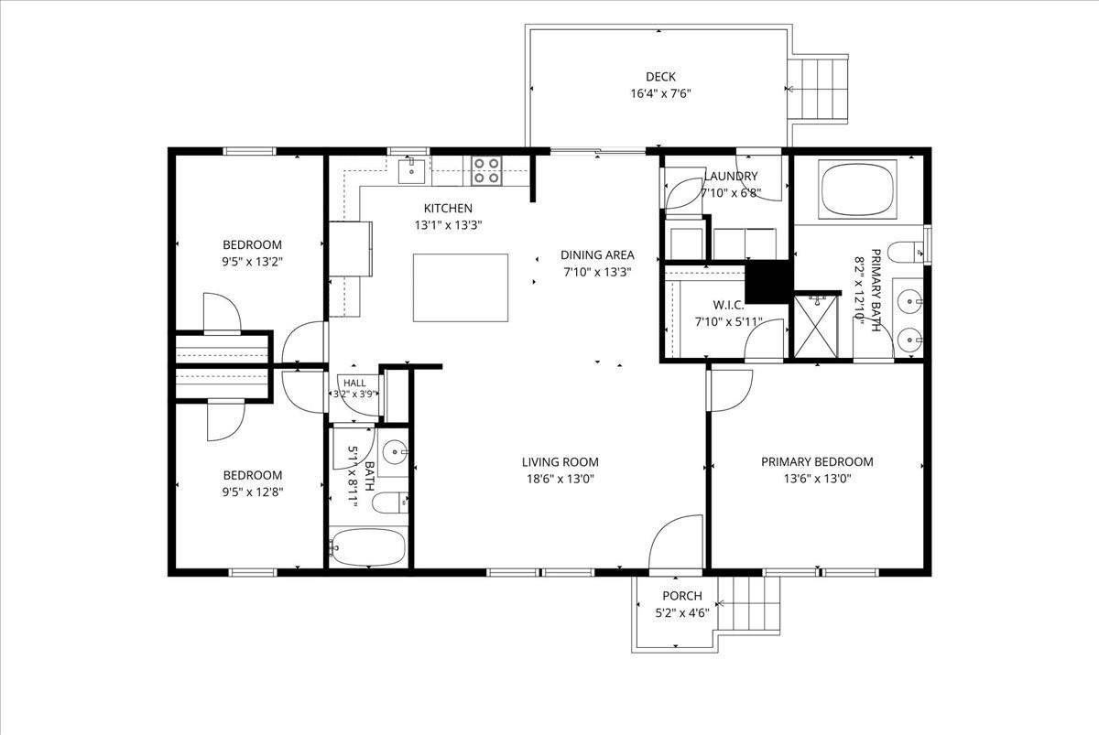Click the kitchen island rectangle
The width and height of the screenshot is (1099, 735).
coord(460,287)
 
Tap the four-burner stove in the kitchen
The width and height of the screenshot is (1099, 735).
coord(486,170)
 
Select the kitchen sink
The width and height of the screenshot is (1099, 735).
coord(411,170)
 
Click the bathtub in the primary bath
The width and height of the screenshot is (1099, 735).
coord(857,189)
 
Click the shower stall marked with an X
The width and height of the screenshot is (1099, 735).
coord(815,326)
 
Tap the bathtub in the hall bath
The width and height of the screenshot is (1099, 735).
coord(368,546)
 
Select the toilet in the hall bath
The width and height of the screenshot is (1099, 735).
coord(390,503)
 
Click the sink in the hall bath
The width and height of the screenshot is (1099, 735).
coord(394,451)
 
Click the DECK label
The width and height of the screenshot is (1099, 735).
coord(660,77)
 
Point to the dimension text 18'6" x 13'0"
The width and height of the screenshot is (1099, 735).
coord(560,479)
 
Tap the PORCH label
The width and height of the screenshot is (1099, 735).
coord(682,596)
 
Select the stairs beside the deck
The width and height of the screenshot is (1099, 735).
coord(817,89)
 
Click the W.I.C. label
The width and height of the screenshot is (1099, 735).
coord(728,305)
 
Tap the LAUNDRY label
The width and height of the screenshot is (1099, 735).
coord(731,176)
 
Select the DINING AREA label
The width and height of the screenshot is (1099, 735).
coord(597,255)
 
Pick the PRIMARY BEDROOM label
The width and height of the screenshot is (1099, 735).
coord(817,462)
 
